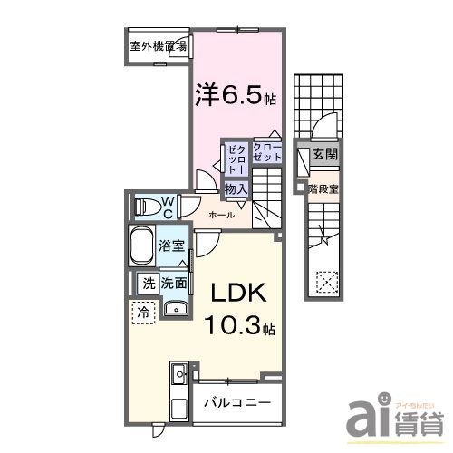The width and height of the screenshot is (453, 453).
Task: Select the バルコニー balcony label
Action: [x=235, y=401]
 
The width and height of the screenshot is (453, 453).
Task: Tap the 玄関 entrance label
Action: [x=324, y=156]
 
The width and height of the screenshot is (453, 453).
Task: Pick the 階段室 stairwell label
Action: [x=323, y=189]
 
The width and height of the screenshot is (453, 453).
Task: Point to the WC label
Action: [x=169, y=206]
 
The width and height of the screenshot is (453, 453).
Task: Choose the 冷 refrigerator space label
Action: [x=143, y=313]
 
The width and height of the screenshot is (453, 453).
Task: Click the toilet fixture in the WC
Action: [x=145, y=207]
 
